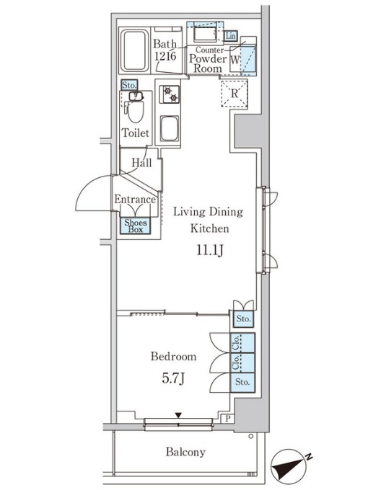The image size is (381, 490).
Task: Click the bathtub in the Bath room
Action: [134, 50]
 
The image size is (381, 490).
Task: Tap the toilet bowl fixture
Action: [136, 110]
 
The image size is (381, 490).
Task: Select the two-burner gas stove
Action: [170, 94]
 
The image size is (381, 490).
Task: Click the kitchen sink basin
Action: [170, 129]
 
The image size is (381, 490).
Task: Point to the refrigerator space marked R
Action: [235, 94]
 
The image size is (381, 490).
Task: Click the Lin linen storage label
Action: [230, 36]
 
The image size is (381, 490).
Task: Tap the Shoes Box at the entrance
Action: [136, 226]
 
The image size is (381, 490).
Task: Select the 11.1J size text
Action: [210, 250]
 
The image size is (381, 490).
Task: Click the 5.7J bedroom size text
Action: [173, 378]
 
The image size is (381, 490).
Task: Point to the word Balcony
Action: [185, 452]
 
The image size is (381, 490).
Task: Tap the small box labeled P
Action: [228, 419]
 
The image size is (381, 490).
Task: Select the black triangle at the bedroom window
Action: [178, 415]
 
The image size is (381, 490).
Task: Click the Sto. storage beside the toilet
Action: [129, 85]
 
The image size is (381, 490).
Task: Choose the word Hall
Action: [141, 163]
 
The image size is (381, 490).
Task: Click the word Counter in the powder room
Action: [209, 50]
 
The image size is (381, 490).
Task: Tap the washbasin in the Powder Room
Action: [205, 34]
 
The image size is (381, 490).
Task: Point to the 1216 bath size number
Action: [165, 56]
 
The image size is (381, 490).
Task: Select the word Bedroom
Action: [174, 356]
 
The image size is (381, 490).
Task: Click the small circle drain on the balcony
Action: [250, 436]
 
